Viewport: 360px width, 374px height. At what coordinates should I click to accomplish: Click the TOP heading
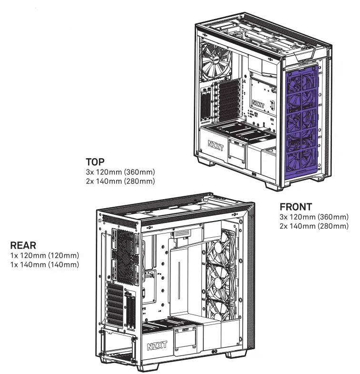pyautogui.click(x=95, y=162)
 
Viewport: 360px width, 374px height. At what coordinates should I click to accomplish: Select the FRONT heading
pyautogui.click(x=296, y=207)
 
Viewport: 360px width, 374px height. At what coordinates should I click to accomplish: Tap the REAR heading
pyautogui.click(x=22, y=246)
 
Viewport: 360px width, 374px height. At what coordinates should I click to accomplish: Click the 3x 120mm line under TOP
pyautogui.click(x=120, y=172)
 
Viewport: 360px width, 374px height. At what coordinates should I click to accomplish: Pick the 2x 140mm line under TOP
pyautogui.click(x=120, y=181)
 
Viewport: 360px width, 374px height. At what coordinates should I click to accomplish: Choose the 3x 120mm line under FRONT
pyautogui.click(x=314, y=217)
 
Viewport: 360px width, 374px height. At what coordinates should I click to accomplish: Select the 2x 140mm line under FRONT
pyautogui.click(x=314, y=226)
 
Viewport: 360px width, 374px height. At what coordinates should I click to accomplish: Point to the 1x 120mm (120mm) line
pyautogui.click(x=44, y=256)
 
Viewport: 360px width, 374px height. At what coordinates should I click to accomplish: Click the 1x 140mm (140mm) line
pyautogui.click(x=44, y=264)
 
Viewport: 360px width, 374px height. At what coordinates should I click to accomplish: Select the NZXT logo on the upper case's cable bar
pyautogui.click(x=258, y=103)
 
